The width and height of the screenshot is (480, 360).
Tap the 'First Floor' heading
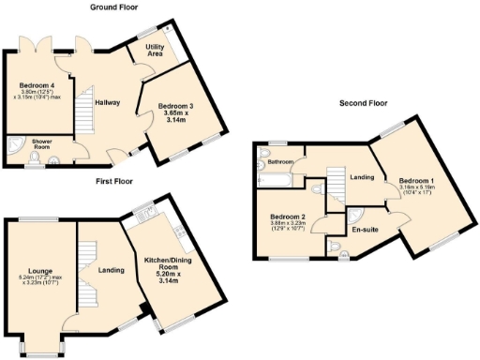113,181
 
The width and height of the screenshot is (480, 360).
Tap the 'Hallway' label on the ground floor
106,103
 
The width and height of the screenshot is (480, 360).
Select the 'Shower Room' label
41,144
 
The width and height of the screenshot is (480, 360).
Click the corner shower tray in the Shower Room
16,148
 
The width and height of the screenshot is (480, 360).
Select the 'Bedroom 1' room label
416,180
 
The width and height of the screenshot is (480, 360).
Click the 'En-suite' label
364,228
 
